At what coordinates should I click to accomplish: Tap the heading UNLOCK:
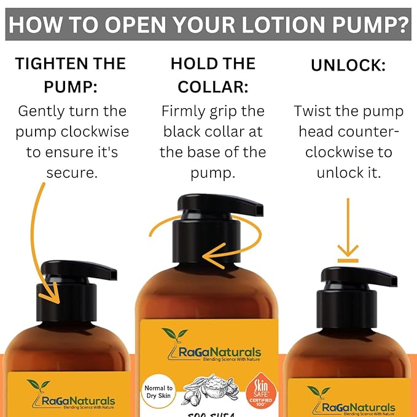[x=348, y=64]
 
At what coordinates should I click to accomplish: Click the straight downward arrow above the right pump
[x=348, y=227]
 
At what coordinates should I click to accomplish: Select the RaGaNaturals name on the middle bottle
[x=216, y=352]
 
